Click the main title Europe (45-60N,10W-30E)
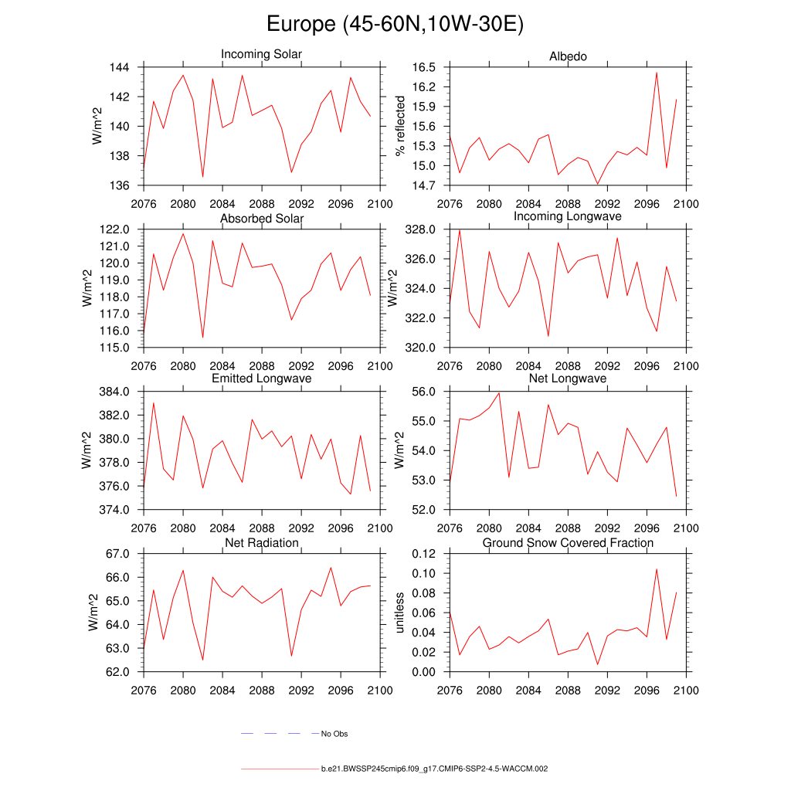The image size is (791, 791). [x=395, y=24]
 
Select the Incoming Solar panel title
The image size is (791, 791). [x=261, y=54]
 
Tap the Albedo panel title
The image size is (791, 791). [x=568, y=56]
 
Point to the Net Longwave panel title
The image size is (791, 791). [x=568, y=379]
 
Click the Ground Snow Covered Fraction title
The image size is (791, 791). [x=568, y=543]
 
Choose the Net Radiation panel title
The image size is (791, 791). [x=261, y=543]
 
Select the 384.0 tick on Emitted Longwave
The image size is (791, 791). [x=114, y=392]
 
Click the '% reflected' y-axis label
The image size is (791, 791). [x=399, y=126]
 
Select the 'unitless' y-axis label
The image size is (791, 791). [x=399, y=613]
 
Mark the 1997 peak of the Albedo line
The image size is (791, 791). [x=657, y=73]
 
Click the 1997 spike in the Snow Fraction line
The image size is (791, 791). [x=657, y=569]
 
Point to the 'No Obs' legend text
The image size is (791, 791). [x=334, y=734]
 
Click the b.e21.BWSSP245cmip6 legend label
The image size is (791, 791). [x=434, y=769]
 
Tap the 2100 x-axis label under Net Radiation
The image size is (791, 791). [x=381, y=690]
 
